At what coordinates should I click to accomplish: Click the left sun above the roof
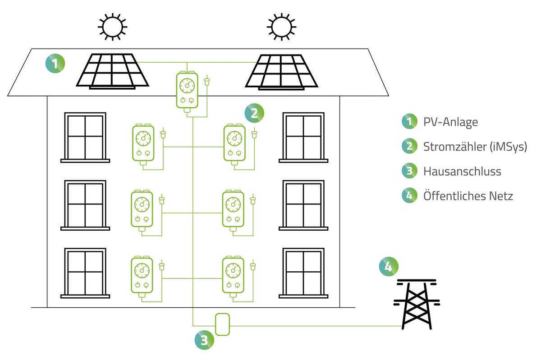(112, 27)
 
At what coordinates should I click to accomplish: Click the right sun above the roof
(282, 27)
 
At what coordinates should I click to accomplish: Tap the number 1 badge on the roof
(55, 64)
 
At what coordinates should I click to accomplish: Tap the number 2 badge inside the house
(254, 113)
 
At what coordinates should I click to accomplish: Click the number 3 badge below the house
(204, 340)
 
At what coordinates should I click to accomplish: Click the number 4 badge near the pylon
(389, 266)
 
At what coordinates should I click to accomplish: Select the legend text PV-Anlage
(450, 122)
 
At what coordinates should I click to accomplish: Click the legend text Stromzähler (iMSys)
(475, 146)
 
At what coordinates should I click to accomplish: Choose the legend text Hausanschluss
(462, 171)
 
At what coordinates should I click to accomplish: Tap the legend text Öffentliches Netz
(468, 196)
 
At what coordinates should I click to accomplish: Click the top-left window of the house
(85, 137)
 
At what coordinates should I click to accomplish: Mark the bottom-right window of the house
(303, 273)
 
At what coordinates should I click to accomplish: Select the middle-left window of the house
(85, 205)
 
